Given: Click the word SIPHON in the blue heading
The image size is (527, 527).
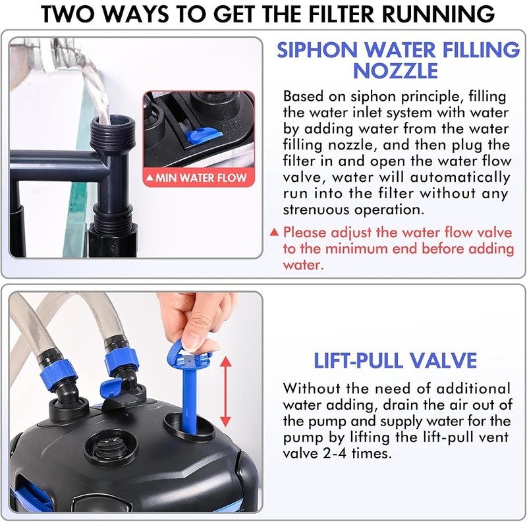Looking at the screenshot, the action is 318,50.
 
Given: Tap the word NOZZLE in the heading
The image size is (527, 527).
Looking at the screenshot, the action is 395,71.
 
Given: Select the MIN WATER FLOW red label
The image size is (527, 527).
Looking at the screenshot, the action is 198,177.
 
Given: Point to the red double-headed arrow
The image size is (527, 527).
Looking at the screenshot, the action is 225,391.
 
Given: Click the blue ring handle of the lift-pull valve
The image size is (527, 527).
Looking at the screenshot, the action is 190,357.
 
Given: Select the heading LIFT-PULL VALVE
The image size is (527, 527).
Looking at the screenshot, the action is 395,360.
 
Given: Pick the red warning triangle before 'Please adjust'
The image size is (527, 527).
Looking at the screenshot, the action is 275,233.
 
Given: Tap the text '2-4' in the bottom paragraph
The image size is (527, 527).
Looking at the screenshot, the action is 335,453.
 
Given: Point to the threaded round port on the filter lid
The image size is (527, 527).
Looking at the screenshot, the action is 111,449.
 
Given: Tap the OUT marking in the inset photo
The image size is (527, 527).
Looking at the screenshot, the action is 232,126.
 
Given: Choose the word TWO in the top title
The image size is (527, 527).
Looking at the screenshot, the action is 69,14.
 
